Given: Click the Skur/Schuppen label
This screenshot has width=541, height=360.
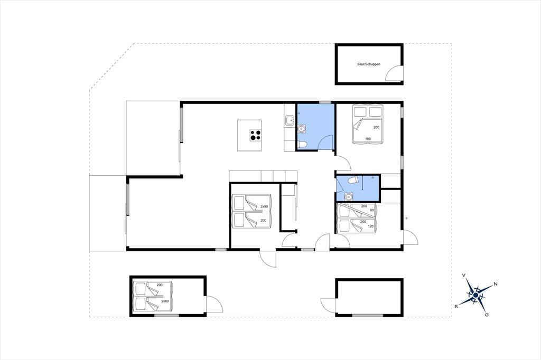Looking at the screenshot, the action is click(x=369, y=64).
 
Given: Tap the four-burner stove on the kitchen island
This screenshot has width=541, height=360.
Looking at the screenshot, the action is click(x=256, y=135).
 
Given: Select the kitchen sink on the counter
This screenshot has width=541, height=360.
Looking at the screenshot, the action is click(x=289, y=121).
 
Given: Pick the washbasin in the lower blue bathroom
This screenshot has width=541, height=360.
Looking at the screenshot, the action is click(x=349, y=196).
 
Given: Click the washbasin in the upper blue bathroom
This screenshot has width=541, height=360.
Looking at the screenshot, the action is click(x=301, y=129).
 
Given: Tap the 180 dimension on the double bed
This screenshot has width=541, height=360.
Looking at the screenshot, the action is click(x=368, y=139).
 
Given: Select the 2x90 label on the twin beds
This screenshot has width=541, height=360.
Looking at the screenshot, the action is click(x=264, y=206).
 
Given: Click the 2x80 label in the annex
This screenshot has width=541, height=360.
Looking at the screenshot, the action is click(x=165, y=301).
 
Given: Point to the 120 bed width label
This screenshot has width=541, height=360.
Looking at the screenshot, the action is click(x=371, y=226).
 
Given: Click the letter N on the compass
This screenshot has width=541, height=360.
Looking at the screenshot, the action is click(x=496, y=284).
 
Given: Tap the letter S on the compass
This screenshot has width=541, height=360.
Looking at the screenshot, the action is click(x=456, y=306).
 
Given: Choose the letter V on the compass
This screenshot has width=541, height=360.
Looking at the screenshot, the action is click(x=464, y=275).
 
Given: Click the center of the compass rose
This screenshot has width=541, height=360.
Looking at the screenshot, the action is click(x=476, y=295).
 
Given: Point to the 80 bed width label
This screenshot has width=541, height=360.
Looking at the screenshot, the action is click(x=372, y=210).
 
